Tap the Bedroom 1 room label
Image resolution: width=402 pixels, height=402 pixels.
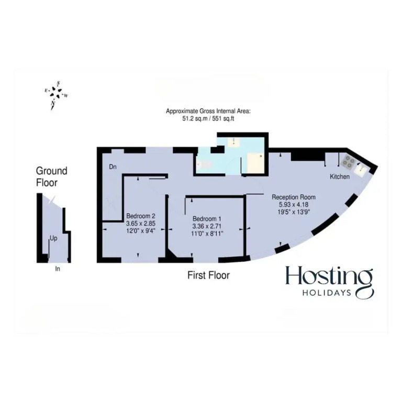pyautogui.click(x=207, y=219)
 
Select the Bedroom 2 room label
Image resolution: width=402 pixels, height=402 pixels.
pyautogui.click(x=141, y=216)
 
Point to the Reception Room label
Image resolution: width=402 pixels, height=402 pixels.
pyautogui.click(x=294, y=197)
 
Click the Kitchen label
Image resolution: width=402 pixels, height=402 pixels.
pyautogui.click(x=339, y=176)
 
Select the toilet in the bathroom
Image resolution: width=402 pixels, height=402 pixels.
pyautogui.click(x=203, y=164)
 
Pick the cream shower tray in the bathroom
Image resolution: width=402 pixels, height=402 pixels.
pyautogui.click(x=255, y=163)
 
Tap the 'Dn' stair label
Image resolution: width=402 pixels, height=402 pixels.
pyautogui.click(x=113, y=167)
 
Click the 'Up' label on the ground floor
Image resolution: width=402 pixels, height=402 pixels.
pyautogui.click(x=53, y=239)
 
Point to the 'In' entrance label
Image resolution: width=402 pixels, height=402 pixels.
pyautogui.click(x=58, y=269)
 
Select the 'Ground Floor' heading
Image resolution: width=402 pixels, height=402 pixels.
pyautogui.click(x=51, y=176)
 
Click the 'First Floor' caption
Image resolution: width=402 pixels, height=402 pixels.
pyautogui.click(x=208, y=275)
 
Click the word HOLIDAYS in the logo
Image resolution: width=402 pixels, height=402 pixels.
pyautogui.click(x=327, y=293)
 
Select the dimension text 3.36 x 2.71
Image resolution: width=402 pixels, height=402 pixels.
pyautogui.click(x=207, y=226)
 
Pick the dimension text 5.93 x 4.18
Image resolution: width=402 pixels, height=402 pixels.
pyautogui.click(x=294, y=205)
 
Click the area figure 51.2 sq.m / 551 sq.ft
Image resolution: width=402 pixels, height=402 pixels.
pyautogui.click(x=208, y=119)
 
